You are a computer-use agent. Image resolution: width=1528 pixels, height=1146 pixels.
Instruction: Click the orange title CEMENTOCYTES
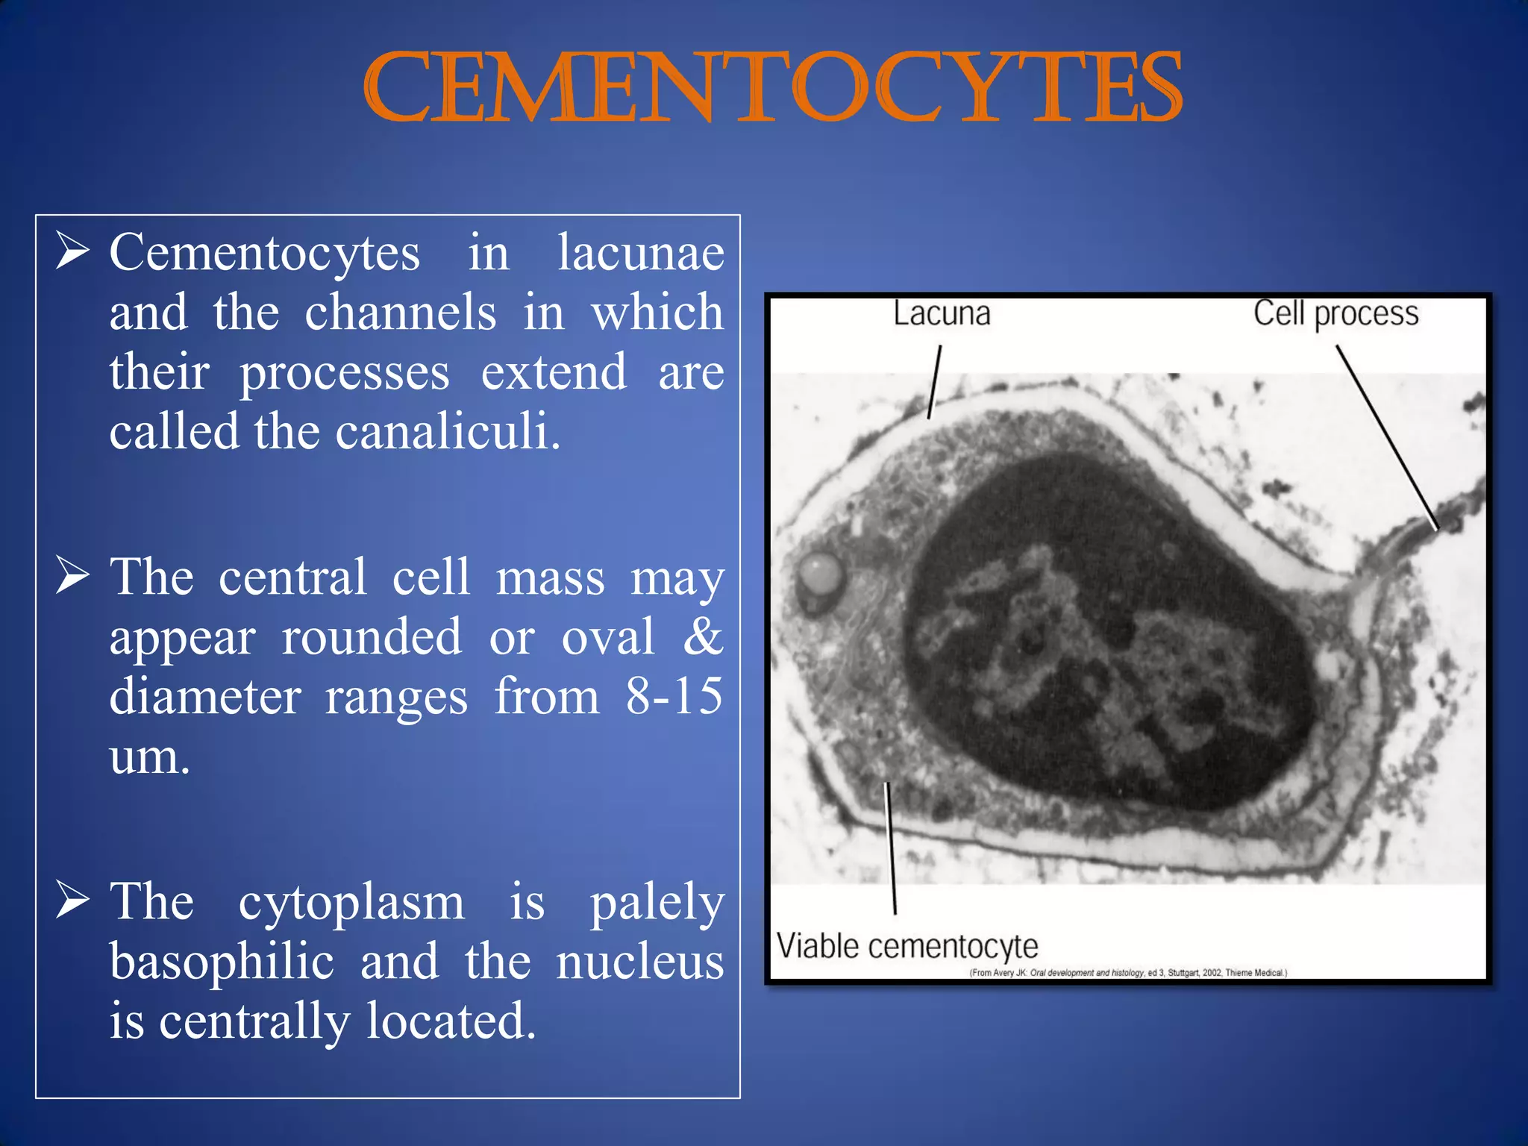click(x=772, y=88)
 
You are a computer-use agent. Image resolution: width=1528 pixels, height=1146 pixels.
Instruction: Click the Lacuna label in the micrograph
click(x=942, y=314)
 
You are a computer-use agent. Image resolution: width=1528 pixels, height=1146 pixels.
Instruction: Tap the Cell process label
click(x=1335, y=314)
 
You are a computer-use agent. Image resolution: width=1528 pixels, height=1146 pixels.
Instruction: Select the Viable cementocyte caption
click(x=907, y=947)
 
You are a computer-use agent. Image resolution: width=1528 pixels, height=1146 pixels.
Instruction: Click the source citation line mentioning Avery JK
click(x=1127, y=973)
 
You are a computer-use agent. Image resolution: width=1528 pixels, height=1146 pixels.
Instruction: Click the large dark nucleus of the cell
click(x=1104, y=634)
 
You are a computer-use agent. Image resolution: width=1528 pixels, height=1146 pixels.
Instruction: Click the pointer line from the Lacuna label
click(x=934, y=381)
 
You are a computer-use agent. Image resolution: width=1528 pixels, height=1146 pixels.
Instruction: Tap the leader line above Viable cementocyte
click(x=891, y=848)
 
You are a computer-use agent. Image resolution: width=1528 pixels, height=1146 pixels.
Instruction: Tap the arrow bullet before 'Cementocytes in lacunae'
click(x=73, y=252)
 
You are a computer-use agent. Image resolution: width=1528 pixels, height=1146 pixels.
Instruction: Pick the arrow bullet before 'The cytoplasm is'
click(x=73, y=901)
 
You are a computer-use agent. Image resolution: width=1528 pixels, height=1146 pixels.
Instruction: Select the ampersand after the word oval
click(x=703, y=637)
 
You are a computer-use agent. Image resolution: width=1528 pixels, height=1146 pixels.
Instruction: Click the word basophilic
click(x=222, y=962)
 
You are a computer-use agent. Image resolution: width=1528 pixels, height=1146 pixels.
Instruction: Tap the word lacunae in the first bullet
click(x=640, y=253)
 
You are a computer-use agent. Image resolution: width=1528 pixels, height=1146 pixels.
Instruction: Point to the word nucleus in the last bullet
click(x=639, y=962)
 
